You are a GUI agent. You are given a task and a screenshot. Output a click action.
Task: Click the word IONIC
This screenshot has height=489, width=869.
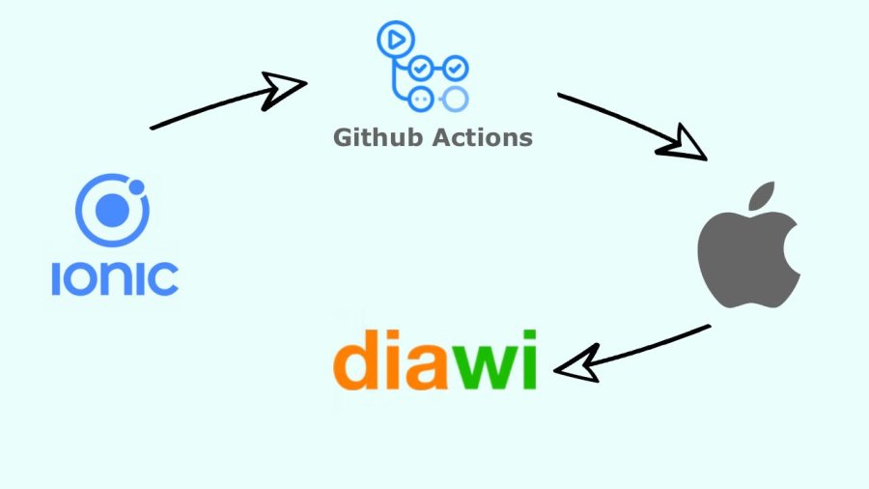pos(114,276)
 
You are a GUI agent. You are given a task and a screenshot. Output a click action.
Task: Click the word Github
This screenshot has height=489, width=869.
pos(375,137)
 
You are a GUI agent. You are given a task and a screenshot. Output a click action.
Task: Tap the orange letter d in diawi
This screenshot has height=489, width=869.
pos(356,360)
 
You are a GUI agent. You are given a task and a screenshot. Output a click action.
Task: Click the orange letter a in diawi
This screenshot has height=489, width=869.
pos(426,366)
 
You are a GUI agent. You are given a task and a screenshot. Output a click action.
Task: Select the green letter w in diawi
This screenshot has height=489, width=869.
pos(480,367)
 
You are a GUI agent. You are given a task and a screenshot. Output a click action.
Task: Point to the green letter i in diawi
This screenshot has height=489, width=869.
pos(526,360)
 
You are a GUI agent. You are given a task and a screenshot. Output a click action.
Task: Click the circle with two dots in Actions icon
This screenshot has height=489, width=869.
pos(420,98)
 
